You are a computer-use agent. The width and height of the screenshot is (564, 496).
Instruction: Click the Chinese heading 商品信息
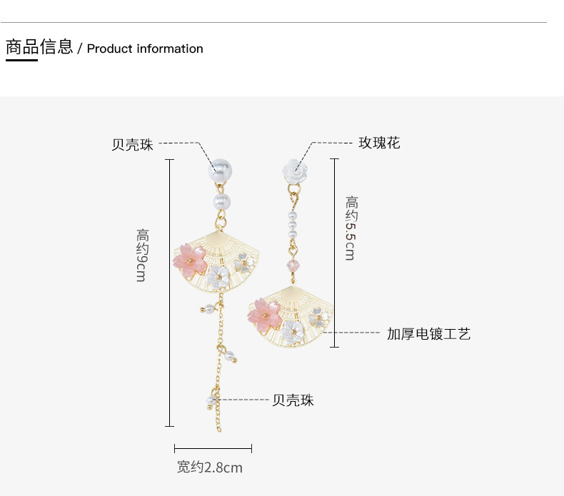pos(39,47)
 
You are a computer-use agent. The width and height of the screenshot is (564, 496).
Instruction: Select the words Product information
pos(145,49)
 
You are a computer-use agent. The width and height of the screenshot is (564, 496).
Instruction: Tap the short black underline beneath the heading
pos(21,61)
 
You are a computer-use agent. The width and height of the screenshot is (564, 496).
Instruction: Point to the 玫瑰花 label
pos(379,143)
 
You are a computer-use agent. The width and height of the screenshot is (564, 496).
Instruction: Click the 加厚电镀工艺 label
pos(429,333)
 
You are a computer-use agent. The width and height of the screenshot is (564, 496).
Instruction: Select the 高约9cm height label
pos(142,255)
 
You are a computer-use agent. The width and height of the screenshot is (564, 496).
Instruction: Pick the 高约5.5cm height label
pos(350,228)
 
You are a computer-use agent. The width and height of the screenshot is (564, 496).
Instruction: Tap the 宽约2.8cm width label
pos(210,467)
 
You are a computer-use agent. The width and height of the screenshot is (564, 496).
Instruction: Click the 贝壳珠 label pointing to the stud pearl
pos(132,144)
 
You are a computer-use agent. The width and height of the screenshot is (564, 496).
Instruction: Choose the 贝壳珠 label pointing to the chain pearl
pos(293,400)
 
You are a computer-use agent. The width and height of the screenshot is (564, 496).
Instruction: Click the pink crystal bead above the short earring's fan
pos(293,266)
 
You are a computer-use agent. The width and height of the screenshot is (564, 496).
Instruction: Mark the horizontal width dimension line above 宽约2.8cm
pos(213,448)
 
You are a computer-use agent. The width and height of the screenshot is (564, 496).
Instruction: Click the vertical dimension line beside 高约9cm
pos(170,293)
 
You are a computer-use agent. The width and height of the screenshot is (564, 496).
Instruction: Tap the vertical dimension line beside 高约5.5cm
pos(334,253)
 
